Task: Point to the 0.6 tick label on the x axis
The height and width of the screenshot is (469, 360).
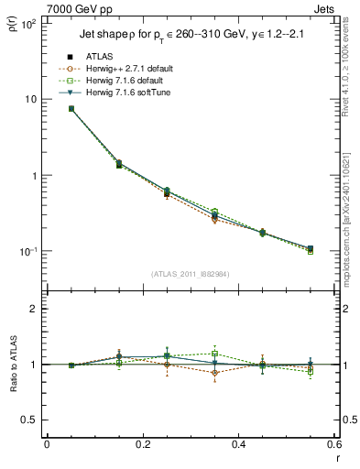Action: (333, 444)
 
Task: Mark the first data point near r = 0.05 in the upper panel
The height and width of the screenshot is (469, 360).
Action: (71, 109)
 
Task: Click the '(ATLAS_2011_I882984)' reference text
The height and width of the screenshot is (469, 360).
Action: (191, 273)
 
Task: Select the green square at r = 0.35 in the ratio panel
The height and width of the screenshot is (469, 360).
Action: (215, 354)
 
